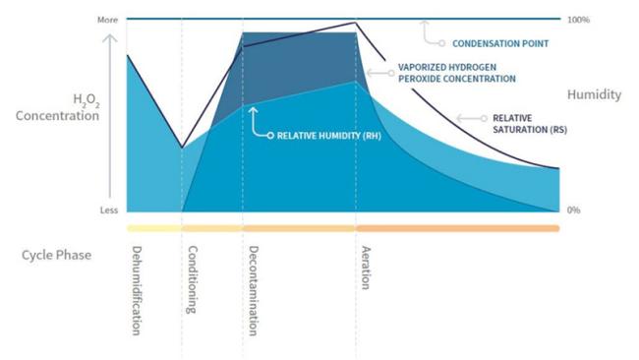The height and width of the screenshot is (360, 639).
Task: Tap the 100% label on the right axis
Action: [x=578, y=20]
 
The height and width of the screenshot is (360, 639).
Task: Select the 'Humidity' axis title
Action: [x=594, y=94]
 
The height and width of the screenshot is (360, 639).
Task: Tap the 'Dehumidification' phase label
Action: [x=137, y=289]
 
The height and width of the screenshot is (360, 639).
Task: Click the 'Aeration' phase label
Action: [x=365, y=267]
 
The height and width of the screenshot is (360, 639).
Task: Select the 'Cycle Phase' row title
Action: [x=56, y=255]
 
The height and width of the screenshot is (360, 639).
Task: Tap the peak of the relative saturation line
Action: [x=356, y=23]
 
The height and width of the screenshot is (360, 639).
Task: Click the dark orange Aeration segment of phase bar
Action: [x=457, y=228]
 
